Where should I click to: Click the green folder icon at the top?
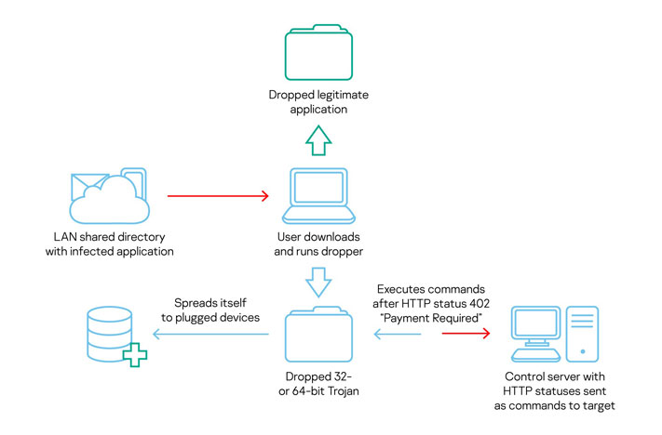318,56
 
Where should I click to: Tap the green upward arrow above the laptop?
318,142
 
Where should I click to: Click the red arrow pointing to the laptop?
218,196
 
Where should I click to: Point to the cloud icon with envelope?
107,196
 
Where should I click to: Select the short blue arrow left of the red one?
392,336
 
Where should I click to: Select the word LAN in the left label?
67,236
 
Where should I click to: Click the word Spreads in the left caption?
196,303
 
